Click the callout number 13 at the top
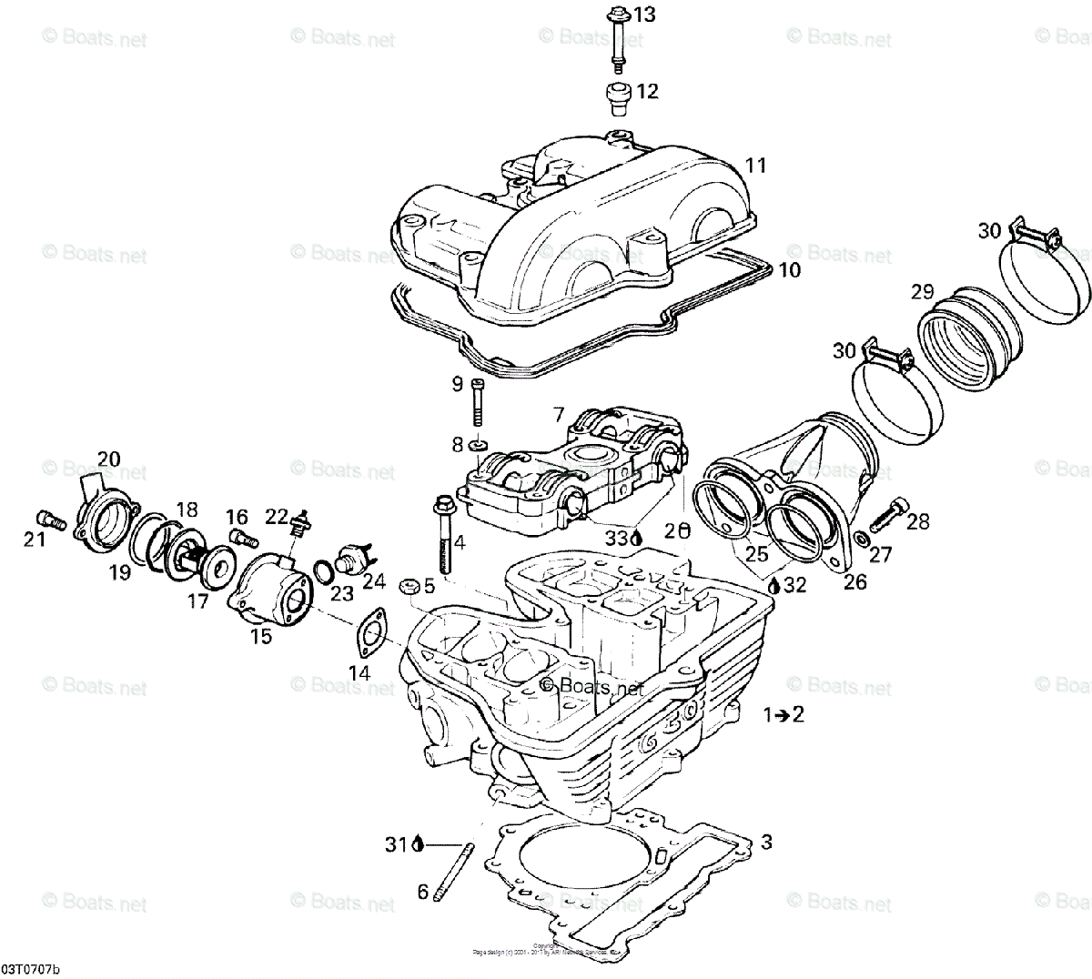[x=644, y=15]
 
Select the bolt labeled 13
[x=615, y=36]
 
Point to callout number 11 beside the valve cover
[x=755, y=166]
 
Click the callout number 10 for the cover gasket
[x=789, y=270]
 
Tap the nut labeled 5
[x=409, y=584]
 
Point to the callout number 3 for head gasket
[x=766, y=843]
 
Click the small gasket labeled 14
[x=369, y=633]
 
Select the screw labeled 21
[x=50, y=520]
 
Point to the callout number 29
[x=922, y=292]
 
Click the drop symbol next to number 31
[x=418, y=844]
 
